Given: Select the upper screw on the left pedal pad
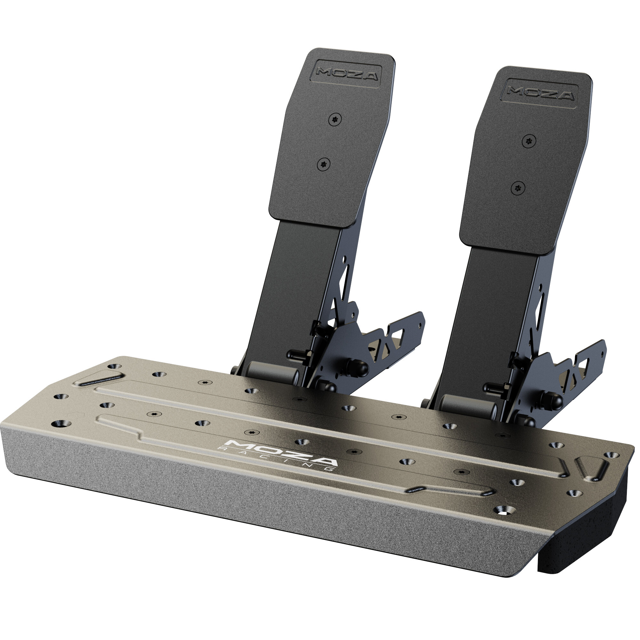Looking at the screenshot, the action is pos(336,119).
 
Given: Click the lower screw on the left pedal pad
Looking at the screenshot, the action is pos(324,164).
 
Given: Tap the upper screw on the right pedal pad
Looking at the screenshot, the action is pos(529,141).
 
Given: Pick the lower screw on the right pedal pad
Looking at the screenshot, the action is pos(518,188).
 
